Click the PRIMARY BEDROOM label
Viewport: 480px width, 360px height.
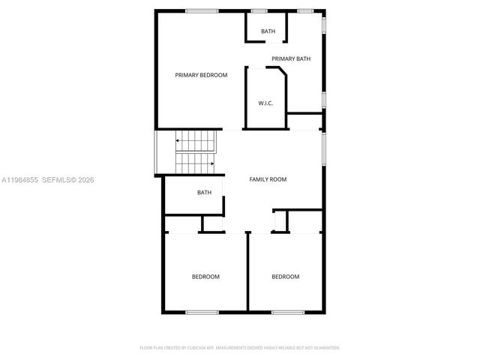click(201, 75)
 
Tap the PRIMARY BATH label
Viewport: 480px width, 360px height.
click(291, 58)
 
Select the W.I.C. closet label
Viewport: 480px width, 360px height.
click(265, 103)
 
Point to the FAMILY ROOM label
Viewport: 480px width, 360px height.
click(268, 179)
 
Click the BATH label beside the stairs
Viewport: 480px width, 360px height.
click(204, 193)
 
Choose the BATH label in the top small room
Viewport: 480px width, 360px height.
click(268, 31)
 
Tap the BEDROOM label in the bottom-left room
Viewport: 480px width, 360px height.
click(205, 277)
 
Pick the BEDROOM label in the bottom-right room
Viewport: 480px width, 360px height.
click(285, 277)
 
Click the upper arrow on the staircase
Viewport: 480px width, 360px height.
click(178, 140)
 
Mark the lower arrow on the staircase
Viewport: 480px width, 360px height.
click(212, 162)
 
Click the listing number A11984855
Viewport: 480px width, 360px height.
click(19, 180)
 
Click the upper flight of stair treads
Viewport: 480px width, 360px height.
click(196, 140)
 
